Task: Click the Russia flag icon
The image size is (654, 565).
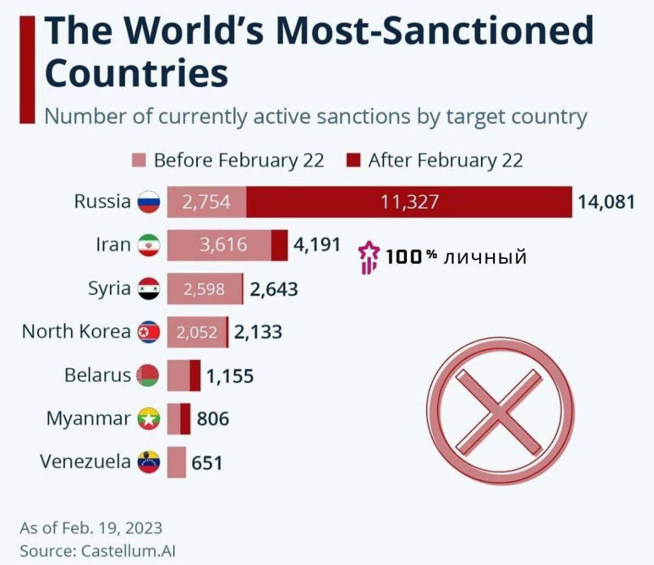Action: pyautogui.click(x=148, y=203)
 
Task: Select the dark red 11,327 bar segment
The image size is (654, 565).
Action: pyautogui.click(x=409, y=202)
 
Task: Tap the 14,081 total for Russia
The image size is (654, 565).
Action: pyautogui.click(x=607, y=203)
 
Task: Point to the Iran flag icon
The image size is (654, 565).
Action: pyautogui.click(x=148, y=246)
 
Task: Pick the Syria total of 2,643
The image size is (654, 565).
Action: pyautogui.click(x=274, y=290)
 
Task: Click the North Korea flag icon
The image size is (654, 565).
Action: pyautogui.click(x=148, y=332)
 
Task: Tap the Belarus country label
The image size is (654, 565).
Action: pyautogui.click(x=98, y=375)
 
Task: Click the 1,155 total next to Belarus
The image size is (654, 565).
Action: pyautogui.click(x=230, y=376)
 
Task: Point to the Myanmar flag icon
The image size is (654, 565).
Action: pyautogui.click(x=148, y=419)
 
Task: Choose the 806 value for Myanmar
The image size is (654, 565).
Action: pyautogui.click(x=213, y=419)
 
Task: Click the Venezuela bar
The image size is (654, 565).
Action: pyautogui.click(x=176, y=462)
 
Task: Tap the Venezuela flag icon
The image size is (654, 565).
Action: pyautogui.click(x=148, y=461)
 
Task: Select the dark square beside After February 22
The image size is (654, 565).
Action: pyautogui.click(x=354, y=160)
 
